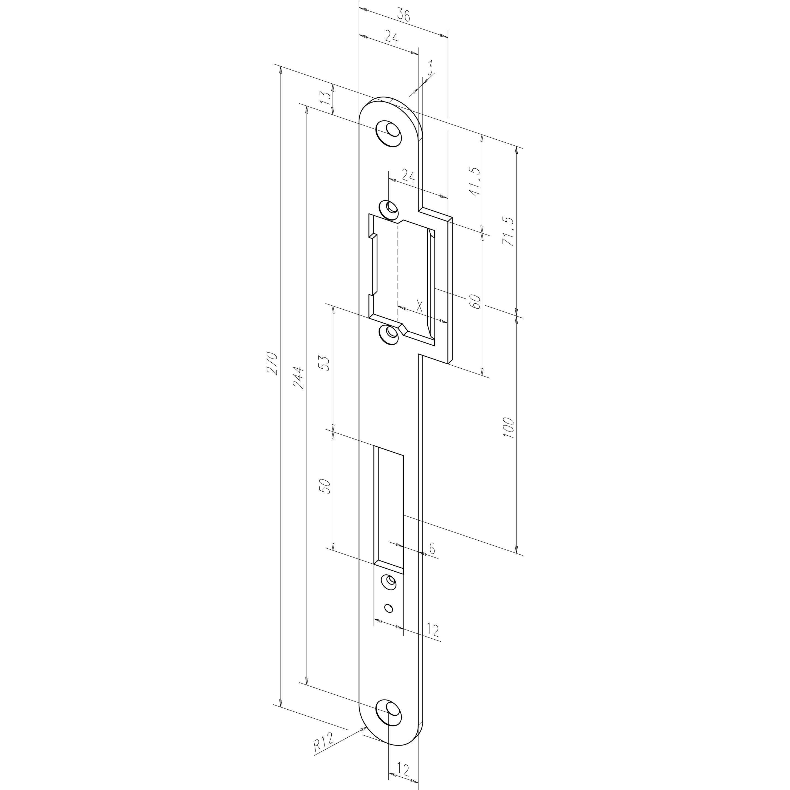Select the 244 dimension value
(x=299, y=378)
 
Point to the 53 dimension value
(x=325, y=363)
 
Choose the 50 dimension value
(x=326, y=486)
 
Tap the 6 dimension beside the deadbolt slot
(x=432, y=548)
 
